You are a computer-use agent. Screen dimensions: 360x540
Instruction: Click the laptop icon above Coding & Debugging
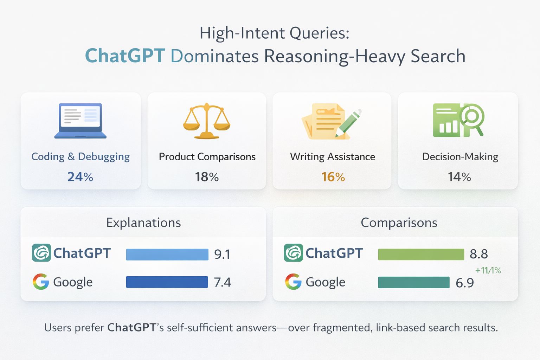coord(81,121)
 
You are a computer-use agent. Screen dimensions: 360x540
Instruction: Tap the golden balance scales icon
coord(207,121)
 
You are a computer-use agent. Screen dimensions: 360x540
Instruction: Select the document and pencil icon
coord(332,121)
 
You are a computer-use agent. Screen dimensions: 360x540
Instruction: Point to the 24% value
coord(81,177)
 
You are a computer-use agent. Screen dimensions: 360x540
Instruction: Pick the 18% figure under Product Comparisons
coord(207,177)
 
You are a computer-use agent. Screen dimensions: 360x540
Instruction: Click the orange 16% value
coord(333,177)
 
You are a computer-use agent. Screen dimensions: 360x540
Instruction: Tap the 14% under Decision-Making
coord(459,177)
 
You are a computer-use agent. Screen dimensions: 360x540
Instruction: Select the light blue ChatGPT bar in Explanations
coord(167,254)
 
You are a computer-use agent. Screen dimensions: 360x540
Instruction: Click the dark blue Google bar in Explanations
coord(167,282)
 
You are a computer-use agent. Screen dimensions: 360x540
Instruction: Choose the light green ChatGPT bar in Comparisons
coord(421,254)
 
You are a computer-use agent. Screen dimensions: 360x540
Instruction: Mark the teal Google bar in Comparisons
coord(414,282)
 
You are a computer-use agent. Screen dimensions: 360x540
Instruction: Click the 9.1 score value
coord(222,254)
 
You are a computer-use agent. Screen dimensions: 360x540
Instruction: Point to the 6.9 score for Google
coord(465,283)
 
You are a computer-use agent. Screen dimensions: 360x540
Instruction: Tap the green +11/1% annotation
coord(488,270)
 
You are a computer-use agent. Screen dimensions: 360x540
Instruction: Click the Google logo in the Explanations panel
coord(41,282)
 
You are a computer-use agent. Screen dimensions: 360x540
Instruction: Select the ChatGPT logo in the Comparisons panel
coord(293,253)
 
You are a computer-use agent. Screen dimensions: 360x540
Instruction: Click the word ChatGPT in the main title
coord(125,56)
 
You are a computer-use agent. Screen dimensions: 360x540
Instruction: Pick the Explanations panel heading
coord(143,223)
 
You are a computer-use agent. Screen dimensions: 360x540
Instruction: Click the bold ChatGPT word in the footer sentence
coord(131,328)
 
